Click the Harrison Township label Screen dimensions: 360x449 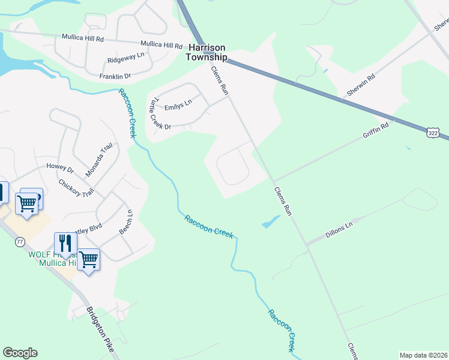[x=207, y=52]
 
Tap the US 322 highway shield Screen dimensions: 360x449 [x=433, y=132]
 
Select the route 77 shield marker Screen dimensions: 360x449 [x=20, y=241]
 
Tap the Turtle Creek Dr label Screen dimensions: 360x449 [x=159, y=113]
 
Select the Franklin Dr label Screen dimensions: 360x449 [x=115, y=76]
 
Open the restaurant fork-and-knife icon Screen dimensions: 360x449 [x=65, y=244]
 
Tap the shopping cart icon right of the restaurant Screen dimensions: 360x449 [x=88, y=259]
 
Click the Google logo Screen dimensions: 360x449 [x=20, y=353]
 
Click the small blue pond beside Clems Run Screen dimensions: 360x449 [x=271, y=222]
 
